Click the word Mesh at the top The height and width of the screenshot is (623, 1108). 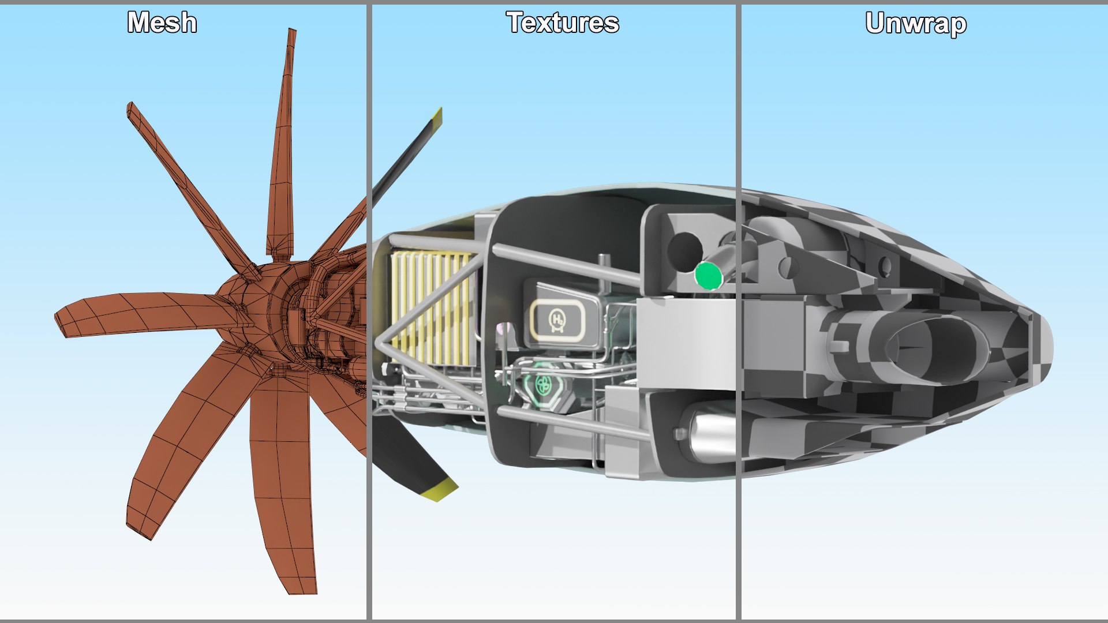pos(162,23)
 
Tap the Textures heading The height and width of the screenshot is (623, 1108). pos(563,23)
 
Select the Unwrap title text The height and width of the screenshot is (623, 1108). pos(916,24)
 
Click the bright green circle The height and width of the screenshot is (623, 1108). pos(708,276)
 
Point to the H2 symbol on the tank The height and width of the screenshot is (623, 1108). pos(557,320)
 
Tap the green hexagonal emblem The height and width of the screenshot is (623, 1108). pos(543,384)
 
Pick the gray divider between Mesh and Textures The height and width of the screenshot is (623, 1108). pos(369,311)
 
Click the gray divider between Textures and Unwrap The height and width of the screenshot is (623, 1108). pos(738,311)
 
